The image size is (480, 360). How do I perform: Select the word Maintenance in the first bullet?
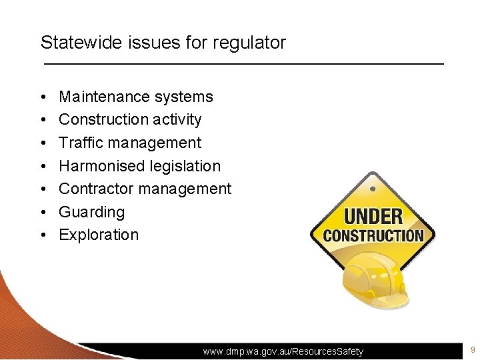pos(104,97)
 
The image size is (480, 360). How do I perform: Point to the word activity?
pos(177,120)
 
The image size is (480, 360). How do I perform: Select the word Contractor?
pos(97,189)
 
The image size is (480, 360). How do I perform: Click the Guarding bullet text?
pos(91,212)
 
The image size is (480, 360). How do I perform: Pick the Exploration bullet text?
pos(99,235)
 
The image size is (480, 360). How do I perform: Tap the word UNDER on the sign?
pos(373,216)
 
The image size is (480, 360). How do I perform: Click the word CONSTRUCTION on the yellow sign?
pos(373,235)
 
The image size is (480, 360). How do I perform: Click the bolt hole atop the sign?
pos(373,188)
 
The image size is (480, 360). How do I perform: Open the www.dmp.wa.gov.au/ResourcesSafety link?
pos(283,351)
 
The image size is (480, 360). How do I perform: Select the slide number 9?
pos(472,350)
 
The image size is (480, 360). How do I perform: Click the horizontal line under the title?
pos(243,63)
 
